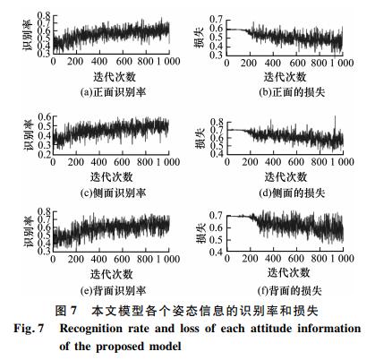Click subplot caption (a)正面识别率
114,92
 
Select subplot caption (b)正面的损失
292,92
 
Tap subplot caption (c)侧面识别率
114,193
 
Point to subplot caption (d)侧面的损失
292,193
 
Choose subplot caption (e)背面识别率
114,290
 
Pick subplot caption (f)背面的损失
290,290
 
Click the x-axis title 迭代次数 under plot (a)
115,77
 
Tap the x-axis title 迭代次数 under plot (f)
288,272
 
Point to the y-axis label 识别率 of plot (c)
29,135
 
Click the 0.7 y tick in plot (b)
216,20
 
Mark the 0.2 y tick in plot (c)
44,153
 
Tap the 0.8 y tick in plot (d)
217,122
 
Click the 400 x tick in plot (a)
99,62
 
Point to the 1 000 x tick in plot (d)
343,162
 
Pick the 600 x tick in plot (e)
122,259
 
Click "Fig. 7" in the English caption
29,329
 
